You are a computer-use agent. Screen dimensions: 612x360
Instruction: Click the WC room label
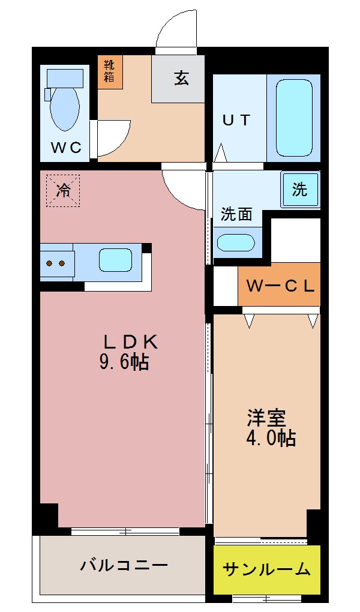65,148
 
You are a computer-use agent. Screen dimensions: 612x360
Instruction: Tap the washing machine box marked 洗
300,190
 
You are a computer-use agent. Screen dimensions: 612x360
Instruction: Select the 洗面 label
236,214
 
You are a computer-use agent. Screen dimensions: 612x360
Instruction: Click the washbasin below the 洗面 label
235,242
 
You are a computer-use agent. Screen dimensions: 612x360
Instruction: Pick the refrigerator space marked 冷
62,191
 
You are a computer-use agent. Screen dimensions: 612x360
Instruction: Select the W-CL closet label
280,286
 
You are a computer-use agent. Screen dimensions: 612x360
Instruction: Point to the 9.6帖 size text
124,362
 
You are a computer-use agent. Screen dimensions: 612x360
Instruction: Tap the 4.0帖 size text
271,438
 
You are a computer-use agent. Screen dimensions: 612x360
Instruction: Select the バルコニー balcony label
124,565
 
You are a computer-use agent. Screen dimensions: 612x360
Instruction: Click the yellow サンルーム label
266,569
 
